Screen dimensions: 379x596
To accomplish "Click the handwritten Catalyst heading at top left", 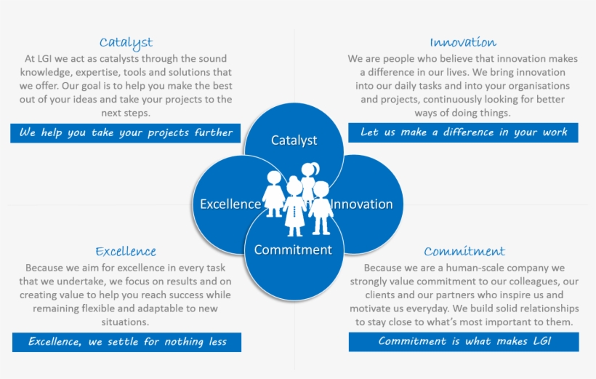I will point(126,42).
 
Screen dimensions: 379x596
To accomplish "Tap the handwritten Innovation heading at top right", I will point(463,42).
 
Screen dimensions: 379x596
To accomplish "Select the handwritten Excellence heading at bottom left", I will point(126,252).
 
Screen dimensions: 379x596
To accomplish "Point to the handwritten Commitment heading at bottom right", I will point(464,252).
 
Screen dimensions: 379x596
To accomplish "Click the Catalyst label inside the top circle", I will point(294,140).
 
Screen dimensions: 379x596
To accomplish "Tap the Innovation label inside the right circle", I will point(362,204).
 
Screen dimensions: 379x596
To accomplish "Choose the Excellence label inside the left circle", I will point(230,204).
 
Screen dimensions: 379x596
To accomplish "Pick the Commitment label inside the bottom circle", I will point(293,250).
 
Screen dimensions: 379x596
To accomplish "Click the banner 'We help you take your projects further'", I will point(126,132).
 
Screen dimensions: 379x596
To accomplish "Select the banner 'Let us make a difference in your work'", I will point(463,132).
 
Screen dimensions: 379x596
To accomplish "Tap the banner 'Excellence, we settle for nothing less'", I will point(127,342).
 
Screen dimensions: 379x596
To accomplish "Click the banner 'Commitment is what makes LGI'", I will point(464,342).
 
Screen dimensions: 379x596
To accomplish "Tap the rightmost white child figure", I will point(321,208).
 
